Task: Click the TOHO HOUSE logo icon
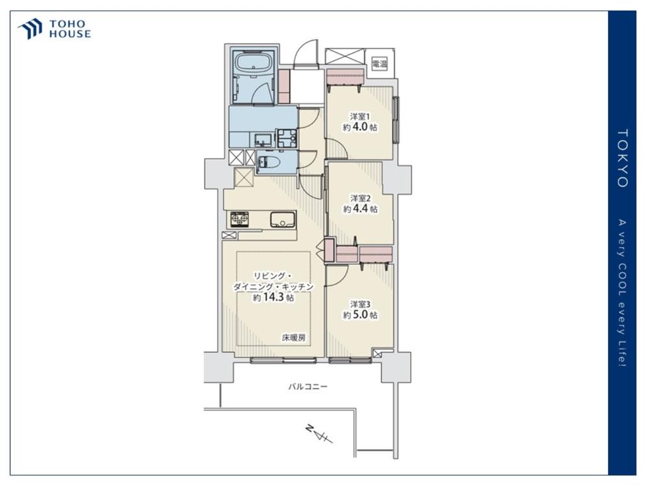click(x=30, y=29)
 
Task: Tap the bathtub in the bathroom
click(x=253, y=64)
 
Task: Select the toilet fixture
click(x=271, y=163)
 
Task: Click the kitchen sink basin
click(x=283, y=219)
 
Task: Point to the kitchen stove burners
click(x=240, y=219)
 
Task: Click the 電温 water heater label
click(x=380, y=64)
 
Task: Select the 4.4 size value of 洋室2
click(x=360, y=209)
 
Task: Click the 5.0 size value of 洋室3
click(x=360, y=315)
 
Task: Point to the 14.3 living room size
click(x=274, y=297)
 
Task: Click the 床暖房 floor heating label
click(x=294, y=338)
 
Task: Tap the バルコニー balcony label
click(x=308, y=387)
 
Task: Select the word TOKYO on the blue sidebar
click(x=622, y=158)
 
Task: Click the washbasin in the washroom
click(x=262, y=140)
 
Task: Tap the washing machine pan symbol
click(x=288, y=138)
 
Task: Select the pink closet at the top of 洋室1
click(x=345, y=77)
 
